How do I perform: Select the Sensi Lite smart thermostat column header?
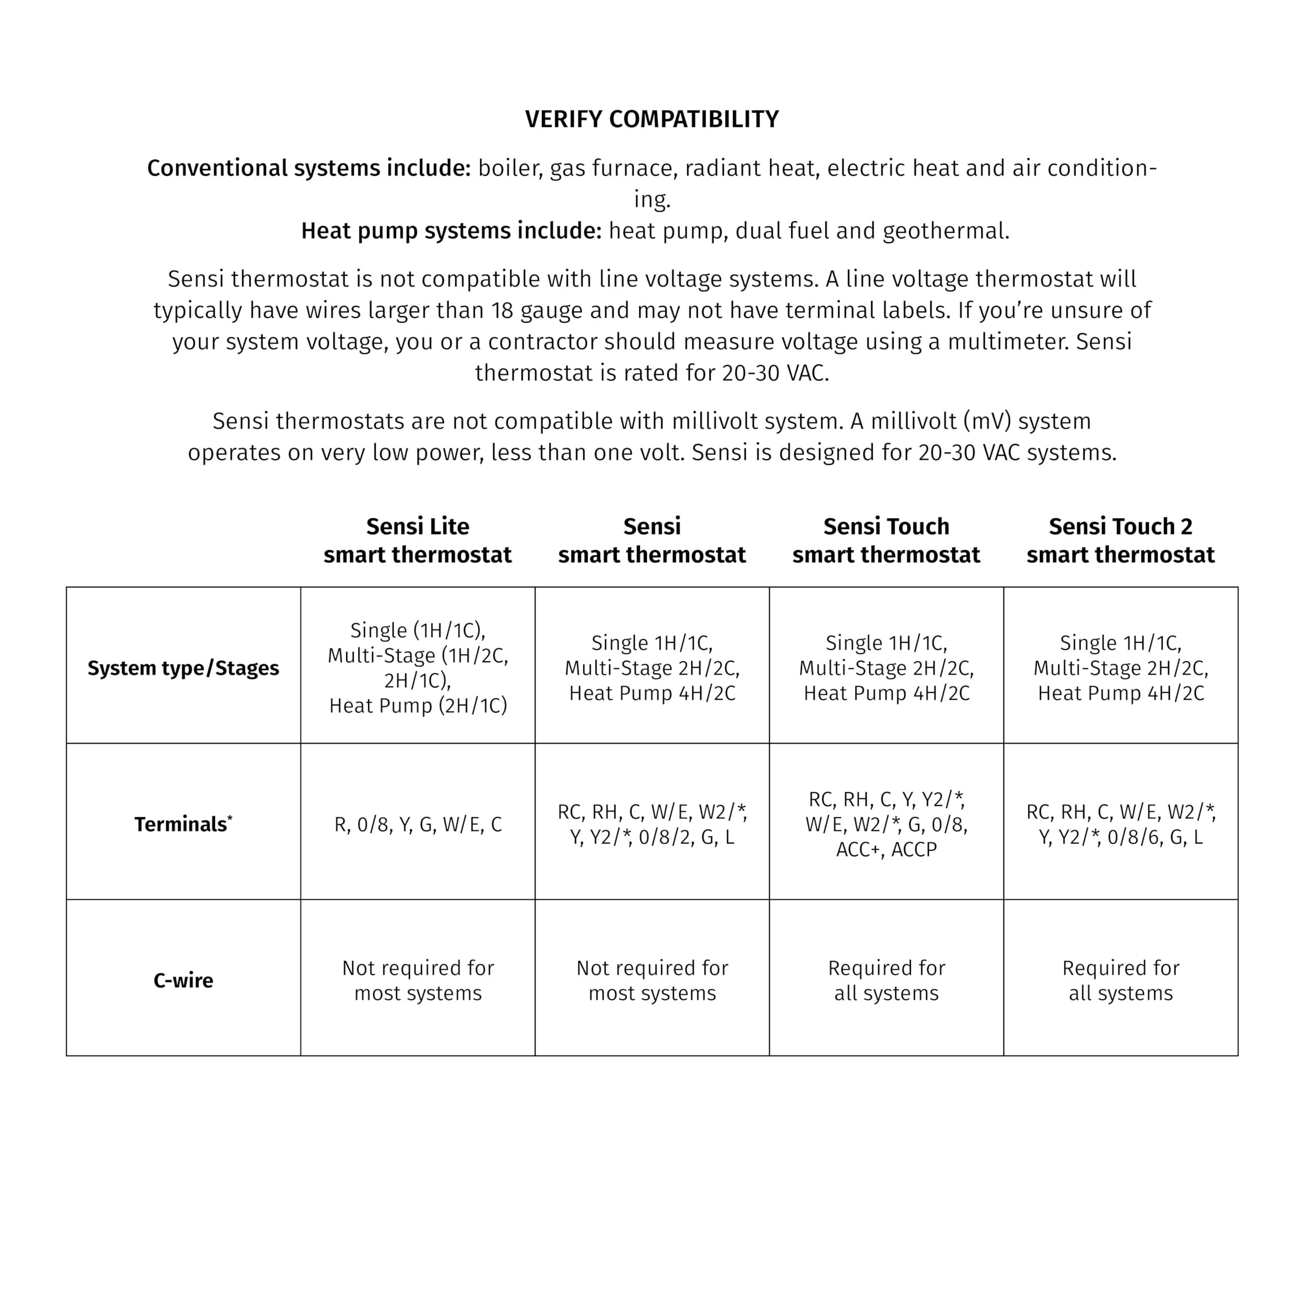coord(417,540)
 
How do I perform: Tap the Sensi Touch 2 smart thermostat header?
coord(1120,540)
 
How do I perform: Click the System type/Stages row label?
coord(183,668)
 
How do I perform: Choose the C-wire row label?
coord(183,980)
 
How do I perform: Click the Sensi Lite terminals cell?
coord(418,825)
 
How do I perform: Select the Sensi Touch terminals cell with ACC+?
coord(886,824)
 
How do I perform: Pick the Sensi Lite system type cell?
coord(418,668)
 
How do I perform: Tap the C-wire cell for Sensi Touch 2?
coord(1120,980)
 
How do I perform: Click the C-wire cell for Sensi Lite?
coord(418,980)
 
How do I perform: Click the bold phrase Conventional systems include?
coord(309,168)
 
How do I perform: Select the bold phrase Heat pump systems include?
coord(451,231)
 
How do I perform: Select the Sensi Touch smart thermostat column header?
coord(886,540)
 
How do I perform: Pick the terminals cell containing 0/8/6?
coord(1120,825)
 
